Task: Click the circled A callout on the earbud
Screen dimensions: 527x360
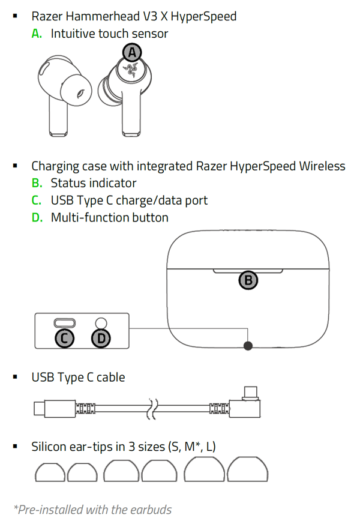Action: coord(132,53)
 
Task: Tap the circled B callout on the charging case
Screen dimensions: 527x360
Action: coord(248,280)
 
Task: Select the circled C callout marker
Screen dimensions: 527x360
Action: coord(64,339)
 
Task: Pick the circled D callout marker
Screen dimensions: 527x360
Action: coord(101,339)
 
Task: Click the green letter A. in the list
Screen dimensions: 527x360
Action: coord(37,34)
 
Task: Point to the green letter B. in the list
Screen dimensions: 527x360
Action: coord(37,183)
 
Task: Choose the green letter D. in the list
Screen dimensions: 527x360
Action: coord(37,217)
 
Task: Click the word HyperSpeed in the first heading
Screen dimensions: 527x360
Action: coord(205,16)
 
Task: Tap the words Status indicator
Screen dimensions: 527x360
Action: coord(94,183)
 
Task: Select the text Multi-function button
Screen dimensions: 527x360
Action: coord(109,217)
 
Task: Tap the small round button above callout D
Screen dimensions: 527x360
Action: coord(101,322)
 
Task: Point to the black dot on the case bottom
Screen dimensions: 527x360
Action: coord(248,345)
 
